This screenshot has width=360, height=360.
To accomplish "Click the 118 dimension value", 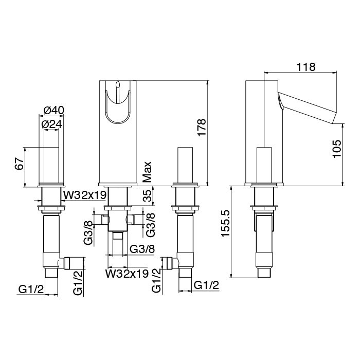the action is click(x=306, y=67).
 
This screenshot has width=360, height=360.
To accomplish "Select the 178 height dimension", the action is click(x=202, y=128).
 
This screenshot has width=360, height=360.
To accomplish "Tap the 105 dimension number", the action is click(x=337, y=149).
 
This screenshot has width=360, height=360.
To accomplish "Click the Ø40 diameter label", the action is click(x=53, y=111).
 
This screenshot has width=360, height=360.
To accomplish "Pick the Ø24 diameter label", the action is click(x=51, y=124).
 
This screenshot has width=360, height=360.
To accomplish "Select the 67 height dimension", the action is click(x=19, y=164).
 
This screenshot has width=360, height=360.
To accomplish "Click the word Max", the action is click(x=147, y=172).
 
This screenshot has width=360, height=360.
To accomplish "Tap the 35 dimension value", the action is click(x=148, y=196).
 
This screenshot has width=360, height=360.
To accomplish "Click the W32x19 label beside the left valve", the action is click(x=85, y=195).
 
